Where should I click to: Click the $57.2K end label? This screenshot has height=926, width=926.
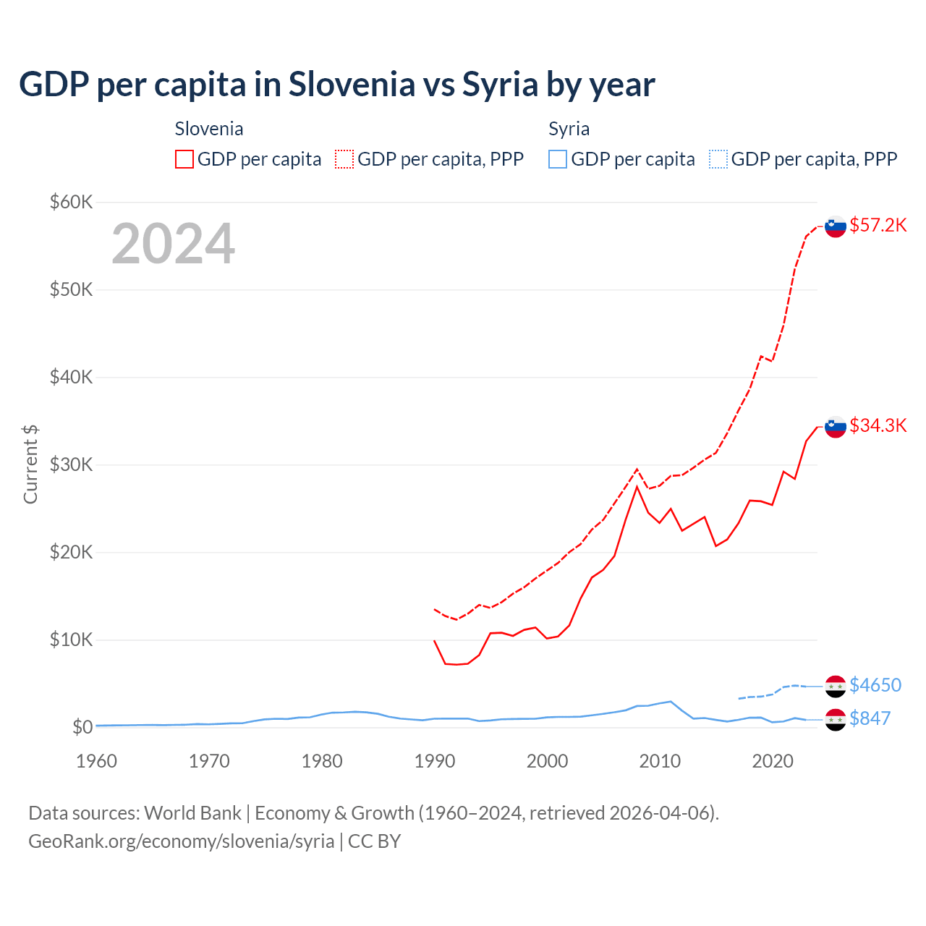[x=878, y=225]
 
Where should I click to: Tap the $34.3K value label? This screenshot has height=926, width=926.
[x=878, y=425]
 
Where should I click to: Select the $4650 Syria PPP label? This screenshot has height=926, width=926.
[x=875, y=685]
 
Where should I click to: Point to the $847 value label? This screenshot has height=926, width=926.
[x=870, y=718]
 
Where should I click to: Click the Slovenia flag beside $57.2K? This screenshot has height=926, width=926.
[x=836, y=226]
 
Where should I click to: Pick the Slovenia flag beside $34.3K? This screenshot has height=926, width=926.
[x=836, y=427]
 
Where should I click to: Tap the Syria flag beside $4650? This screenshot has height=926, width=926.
[x=836, y=686]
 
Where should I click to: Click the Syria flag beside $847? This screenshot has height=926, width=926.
[x=836, y=720]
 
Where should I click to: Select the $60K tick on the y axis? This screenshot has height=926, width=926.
[x=71, y=202]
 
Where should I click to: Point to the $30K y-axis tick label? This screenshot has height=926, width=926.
[x=71, y=464]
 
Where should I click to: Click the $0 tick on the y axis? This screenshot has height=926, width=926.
[x=82, y=727]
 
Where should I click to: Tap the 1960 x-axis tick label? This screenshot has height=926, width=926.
[x=96, y=761]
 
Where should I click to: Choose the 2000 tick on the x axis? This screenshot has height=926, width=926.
[x=547, y=761]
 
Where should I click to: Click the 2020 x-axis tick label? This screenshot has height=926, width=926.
[x=773, y=761]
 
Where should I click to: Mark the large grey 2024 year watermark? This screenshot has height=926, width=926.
[x=173, y=244]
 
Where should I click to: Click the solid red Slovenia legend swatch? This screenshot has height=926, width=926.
[x=184, y=159]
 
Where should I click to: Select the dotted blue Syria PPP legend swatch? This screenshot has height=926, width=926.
[x=718, y=159]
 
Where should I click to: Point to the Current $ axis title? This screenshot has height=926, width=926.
[x=30, y=464]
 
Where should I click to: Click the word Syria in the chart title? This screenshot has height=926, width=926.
[x=499, y=84]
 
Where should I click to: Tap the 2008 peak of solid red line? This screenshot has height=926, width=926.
[x=637, y=487]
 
